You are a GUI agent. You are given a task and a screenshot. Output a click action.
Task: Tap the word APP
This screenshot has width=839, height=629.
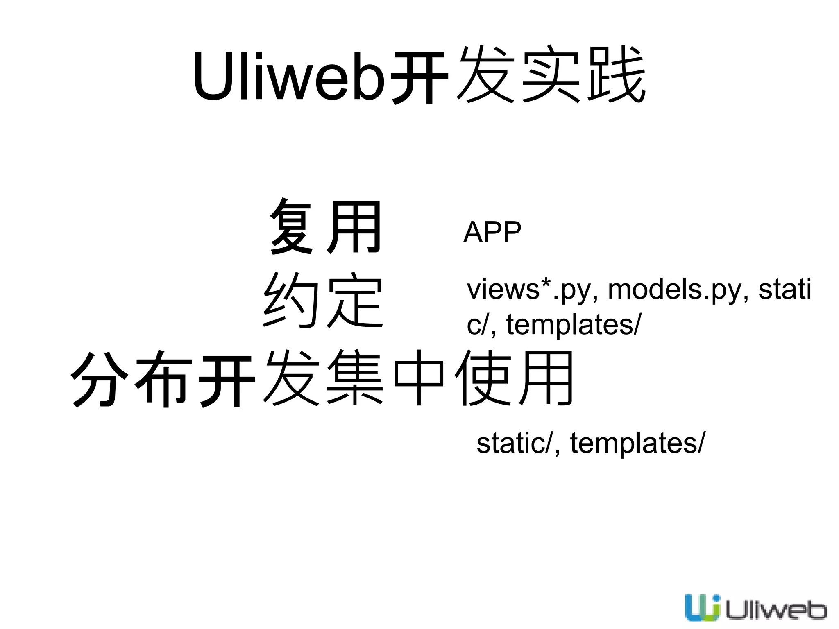click(x=492, y=232)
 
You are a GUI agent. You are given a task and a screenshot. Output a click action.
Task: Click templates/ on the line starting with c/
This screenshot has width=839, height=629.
click(x=574, y=325)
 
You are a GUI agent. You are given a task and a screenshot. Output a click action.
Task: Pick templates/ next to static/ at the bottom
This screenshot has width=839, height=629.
click(x=637, y=443)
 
